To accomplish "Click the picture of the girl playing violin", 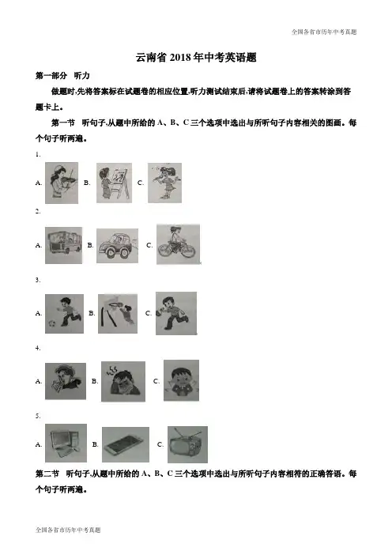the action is pyautogui.click(x=62, y=183).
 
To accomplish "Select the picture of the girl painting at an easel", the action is pyautogui.click(x=114, y=183).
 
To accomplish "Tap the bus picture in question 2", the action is pyautogui.click(x=64, y=245).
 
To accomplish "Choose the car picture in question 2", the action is pyautogui.click(x=118, y=246).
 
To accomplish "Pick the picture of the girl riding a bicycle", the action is pyautogui.click(x=178, y=244).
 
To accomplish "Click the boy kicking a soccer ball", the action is pyautogui.click(x=64, y=314).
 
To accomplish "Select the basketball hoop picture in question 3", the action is pyautogui.click(x=118, y=313).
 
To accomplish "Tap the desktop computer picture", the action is pyautogui.click(x=66, y=443).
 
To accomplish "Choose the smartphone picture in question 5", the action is pyautogui.click(x=126, y=444).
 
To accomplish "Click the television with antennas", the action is pyautogui.click(x=187, y=444).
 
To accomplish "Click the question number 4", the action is pyautogui.click(x=38, y=348).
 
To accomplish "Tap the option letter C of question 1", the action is pyautogui.click(x=141, y=183).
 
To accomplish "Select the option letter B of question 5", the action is pyautogui.click(x=95, y=444).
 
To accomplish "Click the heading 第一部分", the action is pyautogui.click(x=51, y=75).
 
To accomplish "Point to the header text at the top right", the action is pyautogui.click(x=324, y=32).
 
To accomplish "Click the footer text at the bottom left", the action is pyautogui.click(x=68, y=530).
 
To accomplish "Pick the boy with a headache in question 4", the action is pyautogui.click(x=123, y=382).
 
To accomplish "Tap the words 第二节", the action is pyautogui.click(x=47, y=474).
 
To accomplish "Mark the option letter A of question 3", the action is pyautogui.click(x=39, y=313).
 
